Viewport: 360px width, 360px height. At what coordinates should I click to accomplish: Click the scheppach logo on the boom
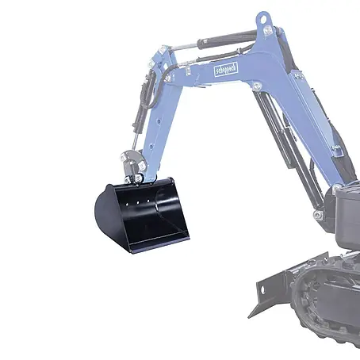pyautogui.click(x=226, y=70)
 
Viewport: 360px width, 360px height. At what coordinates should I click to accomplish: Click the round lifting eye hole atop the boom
pyautogui.click(x=263, y=19)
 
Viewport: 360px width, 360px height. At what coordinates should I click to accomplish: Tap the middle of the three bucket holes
pyautogui.click(x=138, y=203)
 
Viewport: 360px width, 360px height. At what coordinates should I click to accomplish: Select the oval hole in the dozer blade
pyautogui.click(x=262, y=290)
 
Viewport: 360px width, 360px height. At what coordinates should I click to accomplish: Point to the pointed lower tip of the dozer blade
pyautogui.click(x=249, y=317)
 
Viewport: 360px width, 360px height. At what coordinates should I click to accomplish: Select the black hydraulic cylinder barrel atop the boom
pyautogui.click(x=227, y=40)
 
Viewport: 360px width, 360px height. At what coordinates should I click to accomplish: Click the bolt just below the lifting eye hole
pyautogui.click(x=268, y=29)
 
